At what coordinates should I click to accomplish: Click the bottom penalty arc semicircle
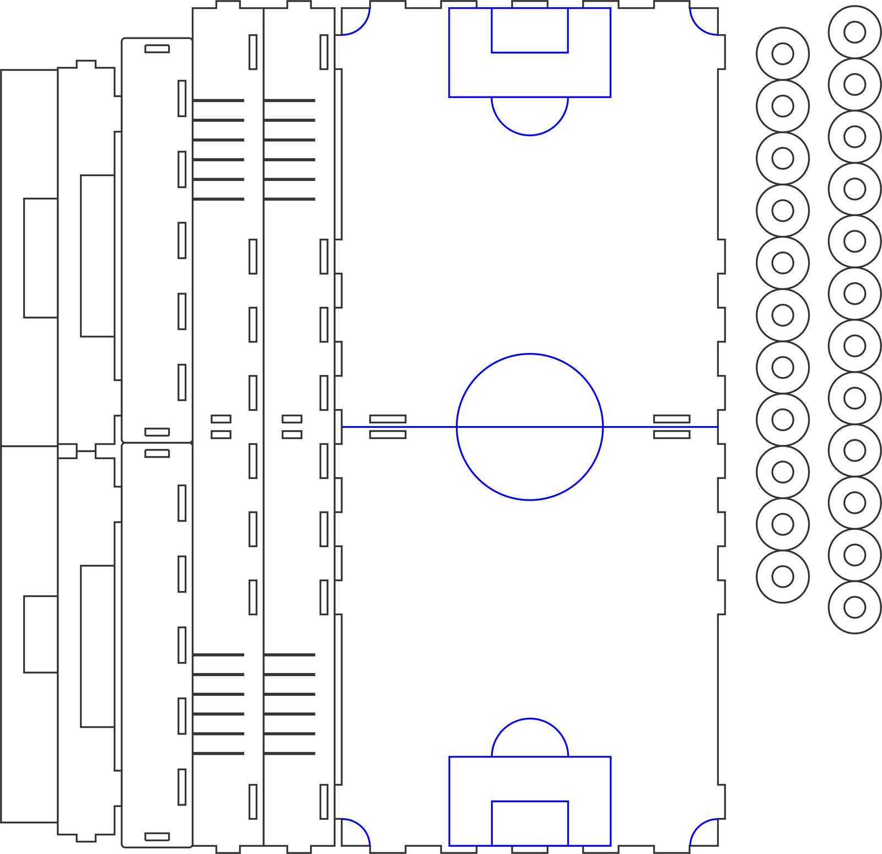pos(530,719)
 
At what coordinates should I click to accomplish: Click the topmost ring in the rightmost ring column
pos(854,32)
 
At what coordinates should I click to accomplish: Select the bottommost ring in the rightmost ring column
pos(854,607)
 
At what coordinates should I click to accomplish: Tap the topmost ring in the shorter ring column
pos(782,54)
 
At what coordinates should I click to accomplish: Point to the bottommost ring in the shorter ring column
pos(782,577)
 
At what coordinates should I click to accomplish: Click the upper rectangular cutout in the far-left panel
pos(41,258)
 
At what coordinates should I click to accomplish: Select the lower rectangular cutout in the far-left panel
pos(41,634)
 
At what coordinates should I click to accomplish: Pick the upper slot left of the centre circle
pos(388,419)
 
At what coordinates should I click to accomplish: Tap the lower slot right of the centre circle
pos(671,434)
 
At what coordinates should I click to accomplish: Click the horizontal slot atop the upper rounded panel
pos(157,49)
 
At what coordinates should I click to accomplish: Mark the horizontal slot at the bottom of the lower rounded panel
pos(157,836)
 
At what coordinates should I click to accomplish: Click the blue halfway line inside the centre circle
pos(530,427)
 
